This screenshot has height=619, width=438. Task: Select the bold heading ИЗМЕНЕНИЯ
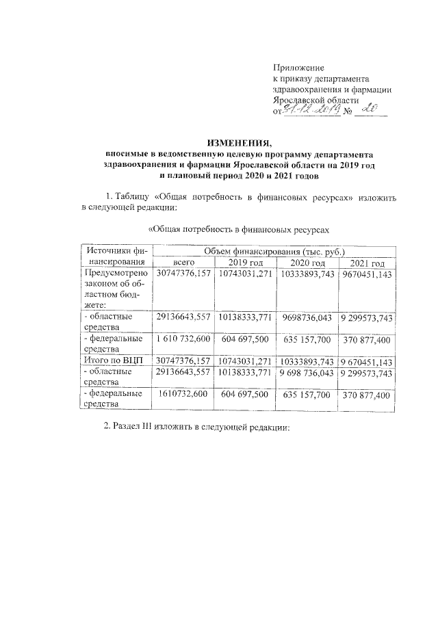click(x=237, y=143)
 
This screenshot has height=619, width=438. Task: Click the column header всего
click(x=184, y=263)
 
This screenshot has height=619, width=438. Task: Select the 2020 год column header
click(x=307, y=264)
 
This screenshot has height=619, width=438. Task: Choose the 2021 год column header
click(x=368, y=264)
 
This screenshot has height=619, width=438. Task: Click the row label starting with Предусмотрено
click(x=114, y=274)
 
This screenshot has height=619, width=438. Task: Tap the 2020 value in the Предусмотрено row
click(x=307, y=274)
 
